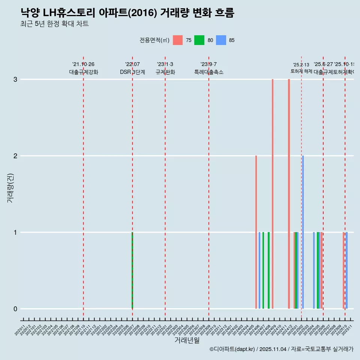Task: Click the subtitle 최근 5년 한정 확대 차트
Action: (55, 24)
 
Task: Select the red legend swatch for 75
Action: (178, 40)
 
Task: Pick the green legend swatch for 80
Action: (199, 40)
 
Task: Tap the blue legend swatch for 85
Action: (221, 40)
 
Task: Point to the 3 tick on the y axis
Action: (15, 79)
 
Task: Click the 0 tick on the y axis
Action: (15, 309)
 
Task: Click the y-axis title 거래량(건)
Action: (10, 187)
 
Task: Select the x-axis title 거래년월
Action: (187, 340)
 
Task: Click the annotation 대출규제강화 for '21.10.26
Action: (84, 72)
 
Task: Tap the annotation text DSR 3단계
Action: (132, 72)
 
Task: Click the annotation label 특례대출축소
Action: (208, 72)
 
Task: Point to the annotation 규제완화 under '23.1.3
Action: (165, 72)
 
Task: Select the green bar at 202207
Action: (132, 270)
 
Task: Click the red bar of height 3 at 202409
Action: (273, 194)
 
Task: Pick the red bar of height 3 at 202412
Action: (289, 194)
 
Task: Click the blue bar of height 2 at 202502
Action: (303, 232)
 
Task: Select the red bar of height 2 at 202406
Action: (256, 232)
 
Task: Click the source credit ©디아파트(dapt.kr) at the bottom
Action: (232, 349)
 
